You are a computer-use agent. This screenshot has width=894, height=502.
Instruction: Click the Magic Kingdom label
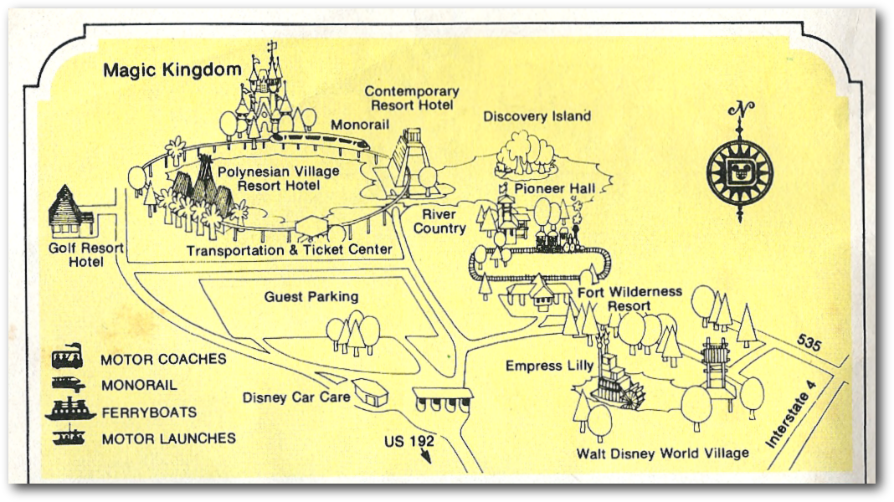click(x=172, y=70)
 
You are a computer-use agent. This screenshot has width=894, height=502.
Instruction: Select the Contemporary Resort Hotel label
click(x=412, y=98)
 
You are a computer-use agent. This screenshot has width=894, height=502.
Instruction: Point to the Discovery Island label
click(x=537, y=116)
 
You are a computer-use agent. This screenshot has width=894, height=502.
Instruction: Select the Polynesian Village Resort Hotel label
click(x=279, y=178)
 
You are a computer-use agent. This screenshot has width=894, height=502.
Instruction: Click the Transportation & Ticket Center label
click(x=289, y=250)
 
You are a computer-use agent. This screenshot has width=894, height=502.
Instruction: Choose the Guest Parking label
click(x=311, y=296)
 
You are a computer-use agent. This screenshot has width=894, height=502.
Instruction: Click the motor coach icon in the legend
click(x=67, y=358)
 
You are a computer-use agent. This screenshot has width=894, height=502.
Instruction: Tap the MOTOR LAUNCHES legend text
click(x=168, y=438)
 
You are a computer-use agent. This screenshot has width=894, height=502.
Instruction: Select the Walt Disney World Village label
click(x=662, y=453)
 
